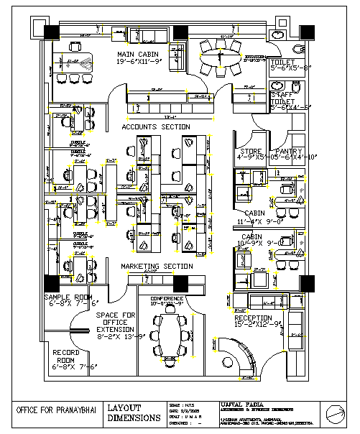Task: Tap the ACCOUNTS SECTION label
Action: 156,127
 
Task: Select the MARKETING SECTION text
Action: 157,267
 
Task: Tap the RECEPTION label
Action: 253,318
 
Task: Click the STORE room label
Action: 249,151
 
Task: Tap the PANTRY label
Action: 291,151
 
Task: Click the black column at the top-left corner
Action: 52,32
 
